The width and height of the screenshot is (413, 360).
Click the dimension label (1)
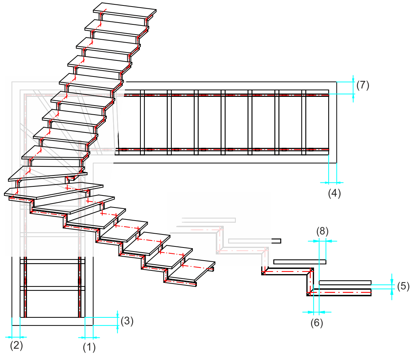tap(89, 347)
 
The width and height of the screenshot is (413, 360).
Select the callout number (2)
tap(16, 345)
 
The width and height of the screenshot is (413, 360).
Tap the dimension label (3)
tap(127, 321)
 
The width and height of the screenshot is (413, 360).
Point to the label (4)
tap(334, 193)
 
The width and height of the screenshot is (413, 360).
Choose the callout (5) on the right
tap(402, 286)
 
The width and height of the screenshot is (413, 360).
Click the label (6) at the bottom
tap(317, 323)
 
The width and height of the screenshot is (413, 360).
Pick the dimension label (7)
tap(362, 85)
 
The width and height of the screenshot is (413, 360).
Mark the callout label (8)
tap(322, 231)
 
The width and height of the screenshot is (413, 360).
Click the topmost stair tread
tap(125, 11)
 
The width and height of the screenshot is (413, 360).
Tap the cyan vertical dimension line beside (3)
tap(118, 321)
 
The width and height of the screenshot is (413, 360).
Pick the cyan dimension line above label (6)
tap(316, 312)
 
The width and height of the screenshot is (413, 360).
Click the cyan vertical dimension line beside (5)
tap(392, 286)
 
